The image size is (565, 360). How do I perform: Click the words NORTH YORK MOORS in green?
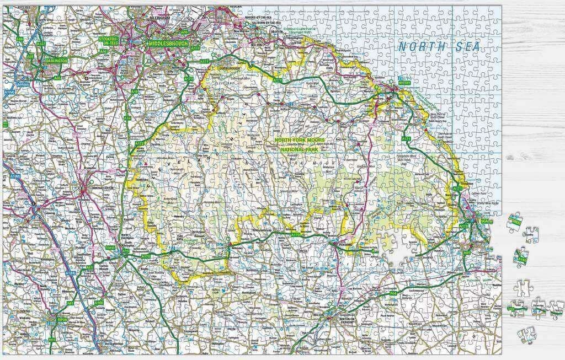point(304,140)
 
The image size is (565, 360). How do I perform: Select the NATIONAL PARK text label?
point(304,149)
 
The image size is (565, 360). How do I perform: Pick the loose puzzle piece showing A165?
point(521,255)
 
